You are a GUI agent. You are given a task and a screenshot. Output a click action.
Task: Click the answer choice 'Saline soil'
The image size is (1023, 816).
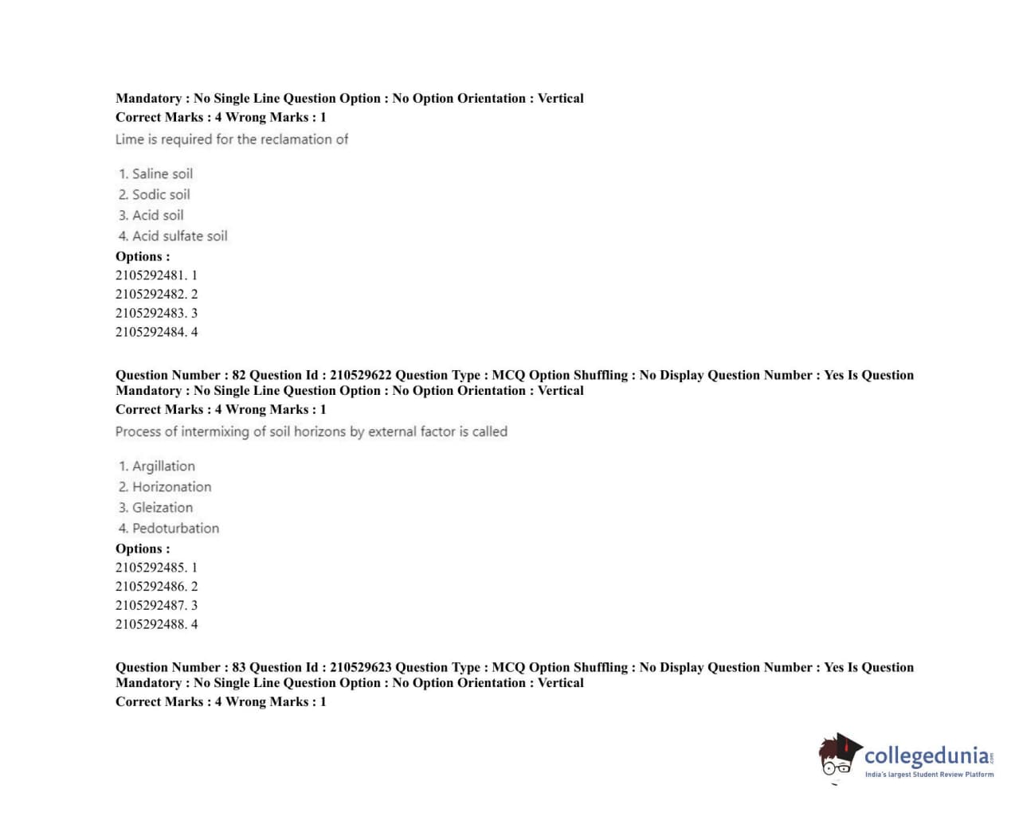pyautogui.click(x=162, y=174)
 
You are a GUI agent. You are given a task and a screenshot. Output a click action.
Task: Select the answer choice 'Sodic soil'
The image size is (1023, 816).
pyautogui.click(x=160, y=194)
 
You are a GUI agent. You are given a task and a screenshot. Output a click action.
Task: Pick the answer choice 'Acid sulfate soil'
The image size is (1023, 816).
pyautogui.click(x=179, y=236)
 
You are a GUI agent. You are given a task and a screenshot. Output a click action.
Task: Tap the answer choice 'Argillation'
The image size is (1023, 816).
pyautogui.click(x=163, y=466)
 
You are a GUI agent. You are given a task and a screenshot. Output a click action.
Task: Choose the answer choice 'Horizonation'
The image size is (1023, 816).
pyautogui.click(x=171, y=486)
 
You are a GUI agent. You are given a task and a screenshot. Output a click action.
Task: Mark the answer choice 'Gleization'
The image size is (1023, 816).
pyautogui.click(x=162, y=507)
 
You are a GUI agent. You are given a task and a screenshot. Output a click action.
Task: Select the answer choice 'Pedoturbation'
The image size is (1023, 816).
pyautogui.click(x=175, y=528)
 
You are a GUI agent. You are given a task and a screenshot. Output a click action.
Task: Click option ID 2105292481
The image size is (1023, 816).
pyautogui.click(x=151, y=275)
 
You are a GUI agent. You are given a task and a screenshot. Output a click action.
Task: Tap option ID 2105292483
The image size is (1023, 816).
pyautogui.click(x=151, y=313)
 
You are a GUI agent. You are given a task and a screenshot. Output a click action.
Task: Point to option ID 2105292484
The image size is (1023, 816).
pyautogui.click(x=151, y=332)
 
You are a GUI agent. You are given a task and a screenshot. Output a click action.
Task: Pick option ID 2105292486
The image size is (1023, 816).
pyautogui.click(x=151, y=587)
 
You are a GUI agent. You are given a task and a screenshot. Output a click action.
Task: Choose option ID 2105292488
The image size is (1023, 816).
pyautogui.click(x=151, y=625)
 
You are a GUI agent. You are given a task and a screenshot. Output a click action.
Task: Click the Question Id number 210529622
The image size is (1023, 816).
pyautogui.click(x=361, y=375)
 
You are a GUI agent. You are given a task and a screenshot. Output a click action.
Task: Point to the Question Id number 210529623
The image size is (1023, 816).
pyautogui.click(x=361, y=667)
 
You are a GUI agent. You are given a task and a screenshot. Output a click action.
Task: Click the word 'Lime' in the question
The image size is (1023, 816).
pyautogui.click(x=129, y=139)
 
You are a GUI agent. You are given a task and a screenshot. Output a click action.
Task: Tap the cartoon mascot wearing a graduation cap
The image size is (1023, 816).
pyautogui.click(x=838, y=755)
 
